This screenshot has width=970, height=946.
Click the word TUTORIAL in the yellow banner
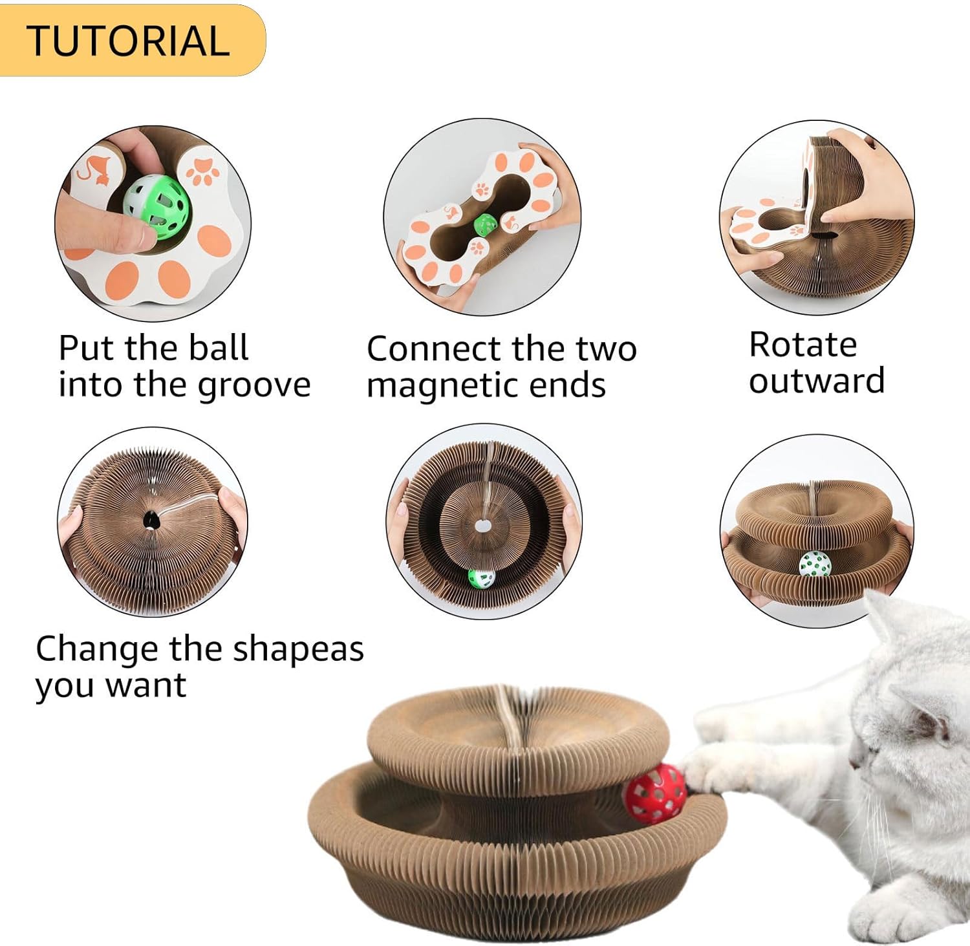point(128,41)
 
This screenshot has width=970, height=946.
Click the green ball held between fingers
point(157,206)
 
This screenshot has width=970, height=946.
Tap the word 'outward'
point(817,381)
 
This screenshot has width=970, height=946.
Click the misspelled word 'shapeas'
point(298,649)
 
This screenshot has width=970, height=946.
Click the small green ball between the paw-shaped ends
point(485,225)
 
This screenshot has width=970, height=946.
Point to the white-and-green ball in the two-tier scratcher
point(814,564)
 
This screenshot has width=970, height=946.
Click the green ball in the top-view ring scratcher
point(482,577)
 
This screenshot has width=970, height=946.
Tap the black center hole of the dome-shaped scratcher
point(151,519)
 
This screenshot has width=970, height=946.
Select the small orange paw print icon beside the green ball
point(202,171)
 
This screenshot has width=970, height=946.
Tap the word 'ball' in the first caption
point(219,349)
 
